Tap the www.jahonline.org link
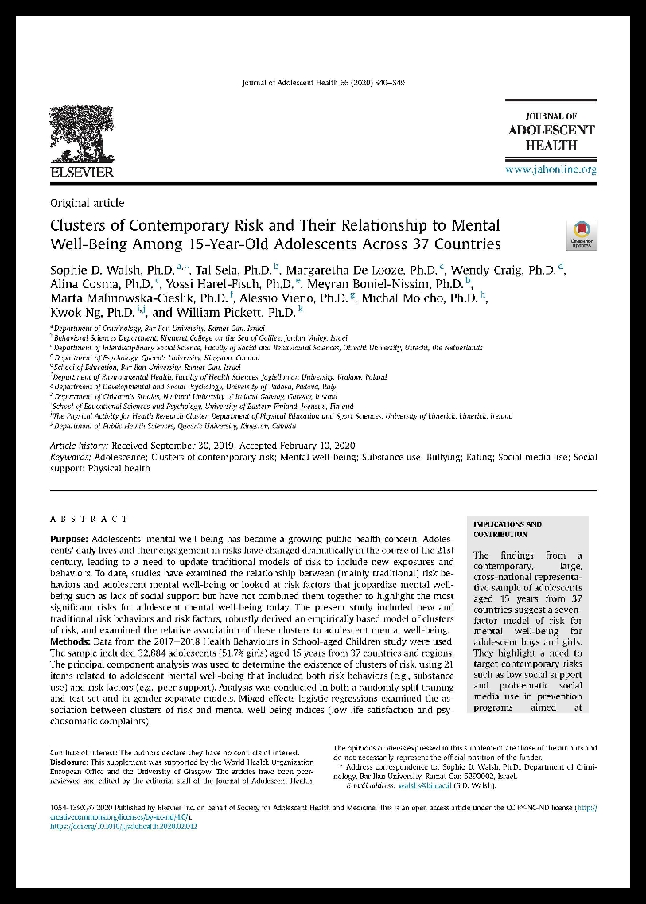tap(551, 169)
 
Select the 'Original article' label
tap(87, 203)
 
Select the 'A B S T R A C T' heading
tap(88, 519)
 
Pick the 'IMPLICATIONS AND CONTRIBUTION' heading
tap(508, 529)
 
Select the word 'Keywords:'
tap(70, 458)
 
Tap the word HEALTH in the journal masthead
tap(551, 144)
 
